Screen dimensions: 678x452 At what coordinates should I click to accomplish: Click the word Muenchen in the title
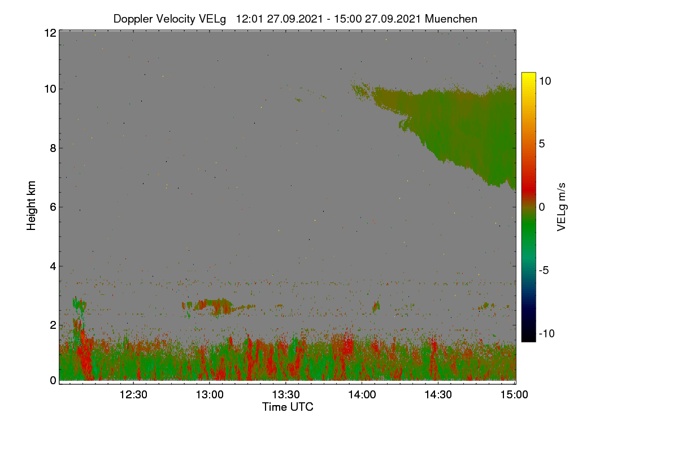(x=451, y=19)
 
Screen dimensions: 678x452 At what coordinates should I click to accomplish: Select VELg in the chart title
(x=212, y=19)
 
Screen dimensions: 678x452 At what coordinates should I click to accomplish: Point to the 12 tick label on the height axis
(x=50, y=33)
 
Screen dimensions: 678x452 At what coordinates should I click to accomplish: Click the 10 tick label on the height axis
(x=50, y=89)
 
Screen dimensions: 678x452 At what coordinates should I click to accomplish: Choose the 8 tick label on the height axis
(x=53, y=148)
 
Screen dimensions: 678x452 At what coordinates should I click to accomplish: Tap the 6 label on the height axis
(x=53, y=207)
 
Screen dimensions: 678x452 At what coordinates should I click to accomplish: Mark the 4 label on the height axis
(x=53, y=267)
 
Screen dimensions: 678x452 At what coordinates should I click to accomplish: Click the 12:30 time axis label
(x=133, y=395)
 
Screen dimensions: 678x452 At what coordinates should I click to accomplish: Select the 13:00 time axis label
(x=210, y=395)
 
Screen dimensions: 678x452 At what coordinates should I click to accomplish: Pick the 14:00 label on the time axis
(x=362, y=395)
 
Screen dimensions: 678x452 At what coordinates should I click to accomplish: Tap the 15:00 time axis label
(x=514, y=395)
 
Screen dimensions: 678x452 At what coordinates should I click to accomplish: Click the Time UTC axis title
(x=288, y=407)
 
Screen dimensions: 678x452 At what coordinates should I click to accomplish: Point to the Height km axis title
(x=31, y=206)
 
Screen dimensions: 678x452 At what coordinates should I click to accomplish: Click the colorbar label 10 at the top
(x=545, y=81)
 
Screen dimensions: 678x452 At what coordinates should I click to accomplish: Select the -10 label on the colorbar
(x=547, y=333)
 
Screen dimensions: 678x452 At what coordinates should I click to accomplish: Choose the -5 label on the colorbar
(x=544, y=270)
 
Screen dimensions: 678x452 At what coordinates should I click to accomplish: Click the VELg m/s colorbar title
(x=561, y=207)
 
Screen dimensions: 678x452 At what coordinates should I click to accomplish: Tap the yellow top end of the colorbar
(x=528, y=74)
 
